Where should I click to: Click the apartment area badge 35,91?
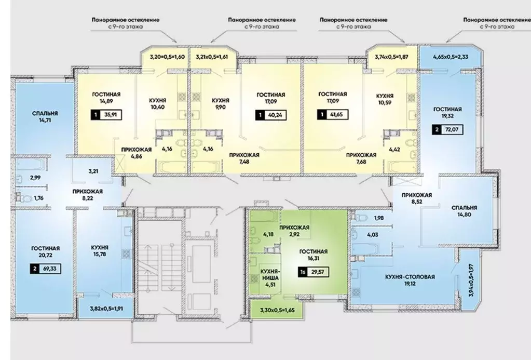click(x=106, y=115)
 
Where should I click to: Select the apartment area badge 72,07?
click(x=447, y=129)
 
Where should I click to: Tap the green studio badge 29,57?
click(x=313, y=272)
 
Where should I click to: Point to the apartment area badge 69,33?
click(x=46, y=269)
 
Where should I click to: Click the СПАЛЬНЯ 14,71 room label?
click(x=45, y=116)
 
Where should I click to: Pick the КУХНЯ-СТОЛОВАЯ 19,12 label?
click(x=410, y=280)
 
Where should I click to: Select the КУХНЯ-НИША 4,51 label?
click(x=270, y=278)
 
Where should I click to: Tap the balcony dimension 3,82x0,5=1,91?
click(x=106, y=309)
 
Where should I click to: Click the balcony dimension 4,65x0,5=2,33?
click(x=451, y=57)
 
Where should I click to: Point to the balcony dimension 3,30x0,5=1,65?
click(x=278, y=309)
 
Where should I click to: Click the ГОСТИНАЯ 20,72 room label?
click(x=45, y=252)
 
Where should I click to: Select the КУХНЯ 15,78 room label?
click(x=100, y=250)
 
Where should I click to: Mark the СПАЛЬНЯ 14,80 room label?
click(x=464, y=211)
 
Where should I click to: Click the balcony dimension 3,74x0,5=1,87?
click(x=391, y=57)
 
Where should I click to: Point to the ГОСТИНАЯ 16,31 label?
click(x=313, y=255)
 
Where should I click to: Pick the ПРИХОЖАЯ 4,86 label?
click(x=137, y=153)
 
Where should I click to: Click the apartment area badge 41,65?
click(x=333, y=115)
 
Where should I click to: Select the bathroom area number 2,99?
click(x=35, y=177)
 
